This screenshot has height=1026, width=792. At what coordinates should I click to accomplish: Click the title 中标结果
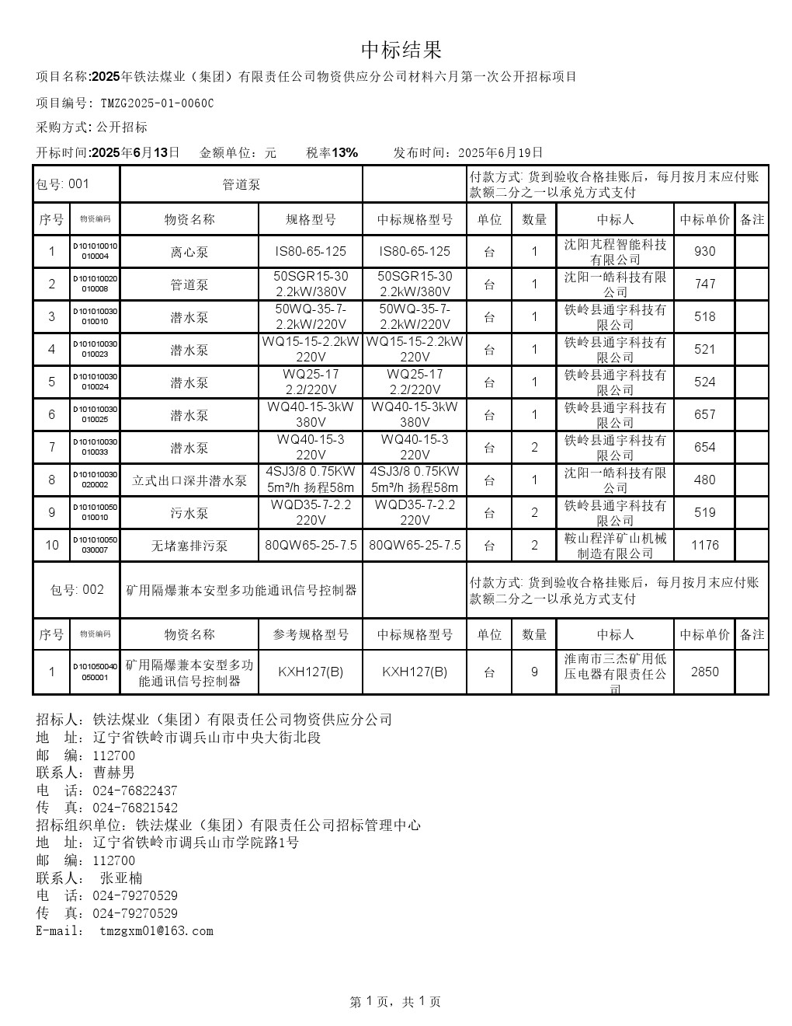(401, 51)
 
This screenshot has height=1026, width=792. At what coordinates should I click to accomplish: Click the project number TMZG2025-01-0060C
(157, 103)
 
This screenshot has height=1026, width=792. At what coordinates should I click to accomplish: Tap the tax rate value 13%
(345, 152)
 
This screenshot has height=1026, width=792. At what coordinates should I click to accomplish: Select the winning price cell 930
(704, 252)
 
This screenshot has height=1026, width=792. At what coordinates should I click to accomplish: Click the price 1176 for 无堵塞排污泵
(704, 546)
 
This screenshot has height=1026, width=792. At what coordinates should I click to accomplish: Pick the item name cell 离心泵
(189, 252)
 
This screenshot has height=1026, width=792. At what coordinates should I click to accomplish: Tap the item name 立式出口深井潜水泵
(189, 480)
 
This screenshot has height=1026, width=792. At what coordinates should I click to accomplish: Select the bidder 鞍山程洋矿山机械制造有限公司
(615, 546)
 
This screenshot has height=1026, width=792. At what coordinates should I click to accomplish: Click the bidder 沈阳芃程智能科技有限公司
(615, 252)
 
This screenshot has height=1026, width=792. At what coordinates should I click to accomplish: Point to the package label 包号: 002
(77, 590)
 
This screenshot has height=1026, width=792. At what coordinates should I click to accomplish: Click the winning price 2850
(704, 672)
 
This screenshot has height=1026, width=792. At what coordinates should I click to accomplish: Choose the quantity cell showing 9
(534, 672)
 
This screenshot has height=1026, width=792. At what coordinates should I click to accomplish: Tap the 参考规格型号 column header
(311, 635)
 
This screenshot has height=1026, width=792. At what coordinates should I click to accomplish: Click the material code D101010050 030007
(96, 546)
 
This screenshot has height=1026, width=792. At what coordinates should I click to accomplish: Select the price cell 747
(704, 284)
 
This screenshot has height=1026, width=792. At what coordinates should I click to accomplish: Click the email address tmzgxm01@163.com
(156, 931)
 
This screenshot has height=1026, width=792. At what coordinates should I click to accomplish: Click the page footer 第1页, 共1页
(395, 1002)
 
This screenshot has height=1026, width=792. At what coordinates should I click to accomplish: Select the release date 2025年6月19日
(501, 152)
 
